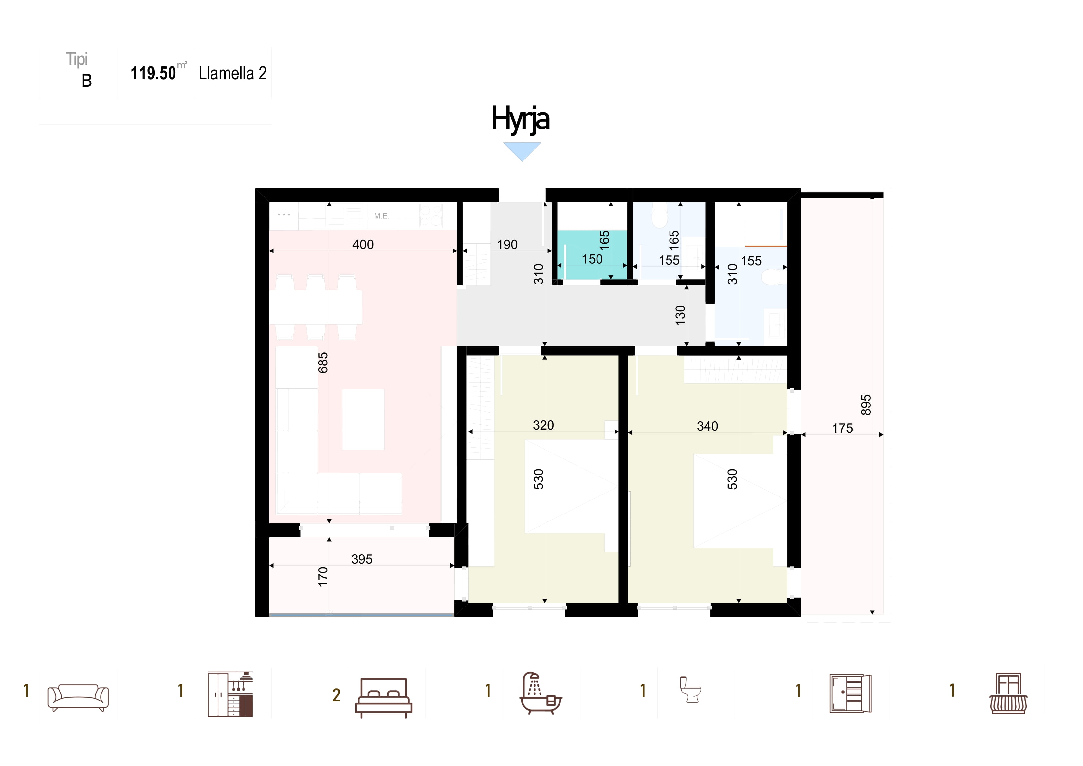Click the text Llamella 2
point(232,73)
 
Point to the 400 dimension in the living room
point(363,245)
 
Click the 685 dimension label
point(322,363)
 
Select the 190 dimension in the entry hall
point(507,245)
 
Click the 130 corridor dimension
point(680,315)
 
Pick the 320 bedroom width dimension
point(543,425)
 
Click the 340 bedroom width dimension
point(707,426)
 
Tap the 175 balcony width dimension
point(842,428)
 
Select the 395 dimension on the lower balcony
point(362,559)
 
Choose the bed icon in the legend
point(383,698)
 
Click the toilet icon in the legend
point(690,690)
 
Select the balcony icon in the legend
point(1008,693)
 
